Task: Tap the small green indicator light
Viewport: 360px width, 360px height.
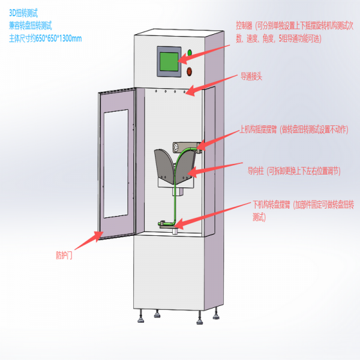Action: point(190,53)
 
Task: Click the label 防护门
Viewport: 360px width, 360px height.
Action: point(62,254)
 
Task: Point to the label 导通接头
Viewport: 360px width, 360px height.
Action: point(253,77)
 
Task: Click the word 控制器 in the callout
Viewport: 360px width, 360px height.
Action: point(244,26)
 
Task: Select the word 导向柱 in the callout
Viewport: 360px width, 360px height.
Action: point(256,170)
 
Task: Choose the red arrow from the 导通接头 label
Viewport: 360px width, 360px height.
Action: point(213,85)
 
